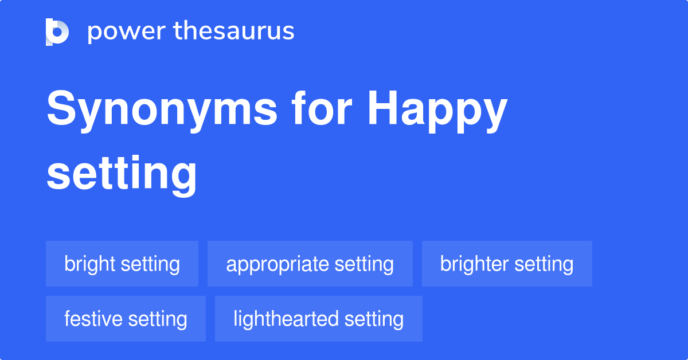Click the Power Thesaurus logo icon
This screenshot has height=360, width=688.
point(57,32)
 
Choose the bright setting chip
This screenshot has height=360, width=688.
point(122,264)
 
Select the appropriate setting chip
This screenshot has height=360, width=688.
point(310,264)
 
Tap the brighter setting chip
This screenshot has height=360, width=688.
point(507,264)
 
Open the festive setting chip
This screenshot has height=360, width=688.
point(126,319)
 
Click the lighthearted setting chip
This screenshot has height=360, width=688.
point(318,319)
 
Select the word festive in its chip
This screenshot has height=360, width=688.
point(92,319)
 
